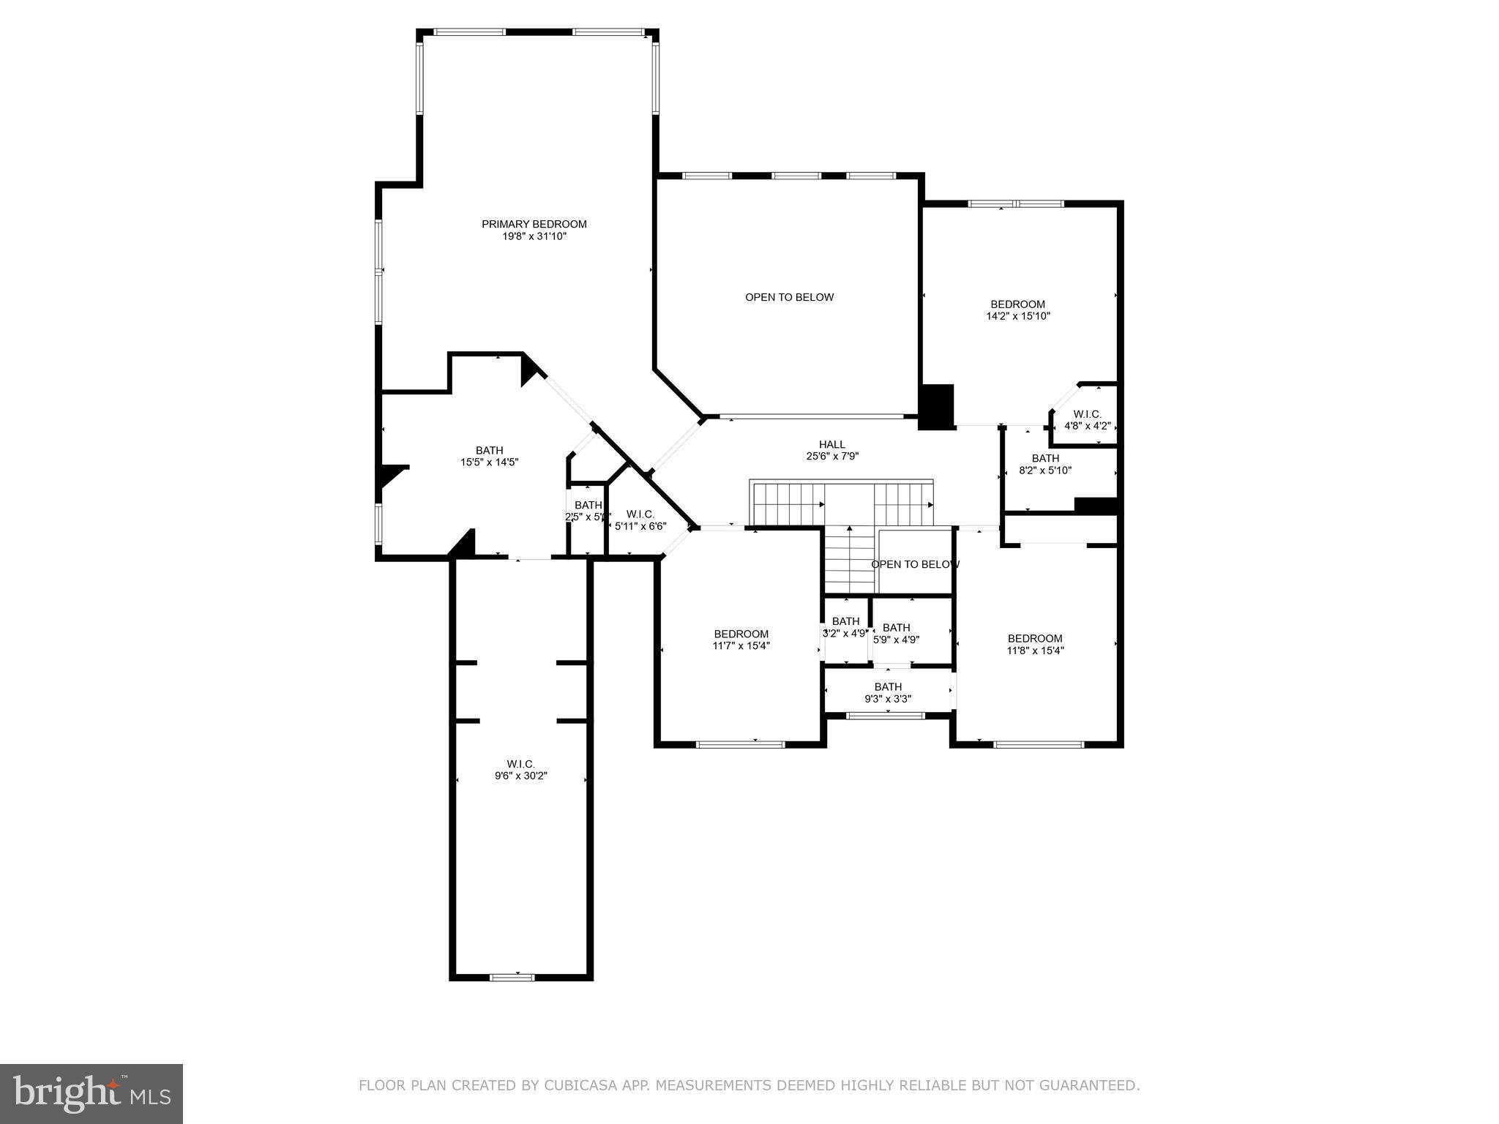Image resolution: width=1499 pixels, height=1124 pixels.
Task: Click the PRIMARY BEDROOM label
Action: [x=534, y=224]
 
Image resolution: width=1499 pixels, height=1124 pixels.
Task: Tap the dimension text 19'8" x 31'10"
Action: [x=534, y=236]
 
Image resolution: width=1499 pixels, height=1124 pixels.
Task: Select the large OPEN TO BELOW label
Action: [x=789, y=297]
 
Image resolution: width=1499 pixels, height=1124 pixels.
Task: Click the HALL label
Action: [x=831, y=444]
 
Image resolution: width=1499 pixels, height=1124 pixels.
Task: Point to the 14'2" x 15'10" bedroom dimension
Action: [x=1017, y=316]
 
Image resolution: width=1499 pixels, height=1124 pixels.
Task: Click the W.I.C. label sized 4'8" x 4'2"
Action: [x=1087, y=414]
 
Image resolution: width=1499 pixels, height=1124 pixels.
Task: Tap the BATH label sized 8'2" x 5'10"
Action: [x=1045, y=458]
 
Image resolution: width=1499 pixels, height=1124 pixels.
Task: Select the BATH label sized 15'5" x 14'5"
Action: [x=489, y=450]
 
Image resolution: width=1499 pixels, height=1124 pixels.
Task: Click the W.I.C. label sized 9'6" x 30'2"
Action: [x=520, y=764]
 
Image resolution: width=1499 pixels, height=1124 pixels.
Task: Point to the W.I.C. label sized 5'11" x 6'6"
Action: [x=640, y=514]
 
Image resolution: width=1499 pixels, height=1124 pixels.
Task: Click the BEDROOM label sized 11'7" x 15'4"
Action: [x=741, y=634]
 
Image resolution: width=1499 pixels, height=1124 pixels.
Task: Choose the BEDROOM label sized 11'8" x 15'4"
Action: [x=1034, y=638]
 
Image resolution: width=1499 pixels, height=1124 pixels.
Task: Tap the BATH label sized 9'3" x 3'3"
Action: [x=887, y=686]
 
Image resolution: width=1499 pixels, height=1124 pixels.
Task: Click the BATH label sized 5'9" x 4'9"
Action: [x=896, y=627]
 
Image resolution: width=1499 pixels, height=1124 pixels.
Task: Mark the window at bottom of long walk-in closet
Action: [x=512, y=977]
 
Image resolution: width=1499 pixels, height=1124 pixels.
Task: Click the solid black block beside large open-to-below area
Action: [x=936, y=406]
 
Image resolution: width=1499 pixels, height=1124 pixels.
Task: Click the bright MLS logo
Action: [x=91, y=1093]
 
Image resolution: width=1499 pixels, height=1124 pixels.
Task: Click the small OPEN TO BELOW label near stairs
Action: [x=914, y=564]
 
